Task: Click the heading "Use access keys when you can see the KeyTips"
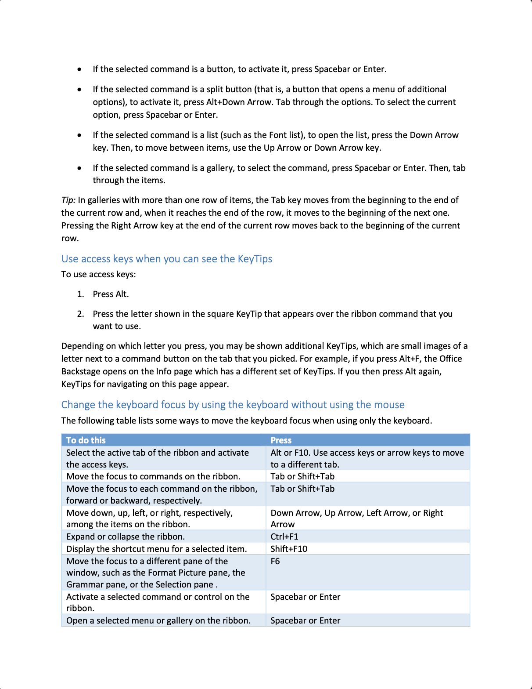pyautogui.click(x=167, y=259)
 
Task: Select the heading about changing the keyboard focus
pyautogui.click(x=233, y=405)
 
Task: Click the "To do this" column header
pyautogui.click(x=86, y=440)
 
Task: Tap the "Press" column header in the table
pyautogui.click(x=281, y=440)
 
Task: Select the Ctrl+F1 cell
pyautogui.click(x=284, y=537)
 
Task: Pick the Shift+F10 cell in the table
pyautogui.click(x=289, y=549)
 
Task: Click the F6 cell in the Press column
pyautogui.click(x=275, y=561)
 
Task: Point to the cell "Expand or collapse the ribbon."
pyautogui.click(x=126, y=537)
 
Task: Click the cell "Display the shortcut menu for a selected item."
pyautogui.click(x=157, y=549)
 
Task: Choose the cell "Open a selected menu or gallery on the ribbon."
pyautogui.click(x=158, y=620)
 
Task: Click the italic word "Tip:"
pyautogui.click(x=68, y=200)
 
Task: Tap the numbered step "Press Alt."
pyautogui.click(x=111, y=294)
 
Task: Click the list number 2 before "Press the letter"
pyautogui.click(x=80, y=314)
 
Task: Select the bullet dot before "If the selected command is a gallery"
pyautogui.click(x=79, y=168)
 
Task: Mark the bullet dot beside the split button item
pyautogui.click(x=79, y=89)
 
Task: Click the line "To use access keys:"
pyautogui.click(x=99, y=274)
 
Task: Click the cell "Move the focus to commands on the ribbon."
pyautogui.click(x=153, y=476)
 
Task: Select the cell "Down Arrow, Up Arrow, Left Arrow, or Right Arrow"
pyautogui.click(x=356, y=519)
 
